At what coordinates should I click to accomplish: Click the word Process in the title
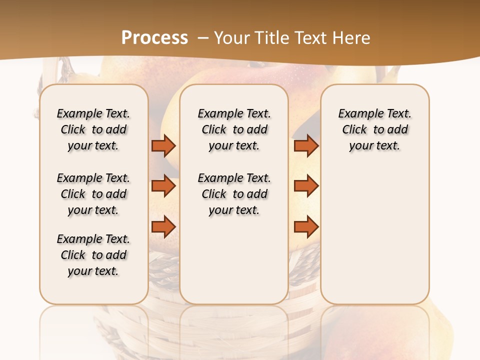[x=154, y=38]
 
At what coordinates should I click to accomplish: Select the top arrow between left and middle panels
[x=163, y=145]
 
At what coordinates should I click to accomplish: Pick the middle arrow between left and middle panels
[x=163, y=186]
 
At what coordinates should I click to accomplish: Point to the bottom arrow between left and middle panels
[x=163, y=226]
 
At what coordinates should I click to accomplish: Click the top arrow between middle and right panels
[x=306, y=145]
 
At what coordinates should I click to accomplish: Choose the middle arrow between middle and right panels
[x=306, y=186]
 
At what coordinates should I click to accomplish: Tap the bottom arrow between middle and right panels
[x=306, y=226]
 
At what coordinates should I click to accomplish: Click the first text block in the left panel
[x=93, y=129]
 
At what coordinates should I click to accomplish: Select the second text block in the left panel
[x=93, y=194]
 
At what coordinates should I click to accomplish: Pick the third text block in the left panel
[x=93, y=255]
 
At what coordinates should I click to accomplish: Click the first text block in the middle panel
[x=234, y=129]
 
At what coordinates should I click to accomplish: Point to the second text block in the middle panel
[x=234, y=194]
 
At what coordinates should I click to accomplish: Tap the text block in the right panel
[x=375, y=129]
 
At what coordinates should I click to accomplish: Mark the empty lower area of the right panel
[x=375, y=235]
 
